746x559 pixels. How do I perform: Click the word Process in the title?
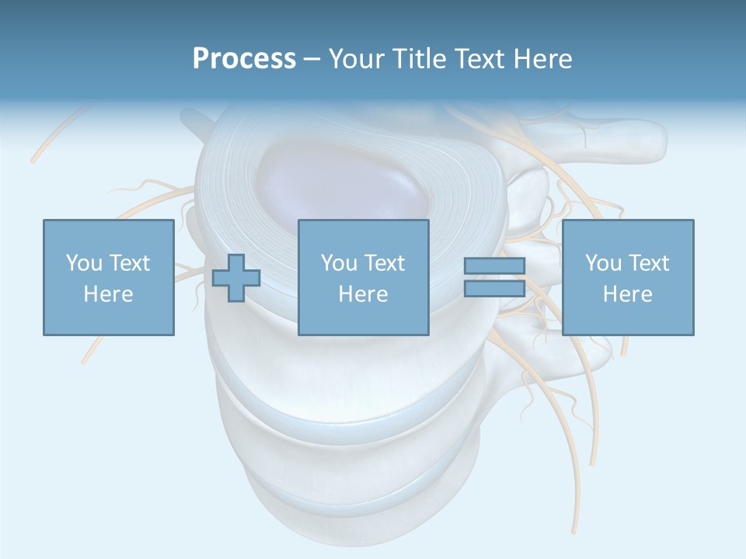tap(244, 59)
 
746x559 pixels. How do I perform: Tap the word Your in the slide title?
tap(359, 59)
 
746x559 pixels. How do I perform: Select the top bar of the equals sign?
tap(494, 266)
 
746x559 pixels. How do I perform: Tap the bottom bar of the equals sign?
tap(494, 289)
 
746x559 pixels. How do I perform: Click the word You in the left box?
tap(83, 263)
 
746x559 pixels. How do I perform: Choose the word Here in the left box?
tap(108, 294)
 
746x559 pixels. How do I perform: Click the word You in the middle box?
tap(339, 263)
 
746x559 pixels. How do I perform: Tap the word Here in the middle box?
tap(363, 294)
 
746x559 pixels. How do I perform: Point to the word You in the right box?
tap(603, 263)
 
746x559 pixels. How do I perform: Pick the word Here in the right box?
tap(627, 294)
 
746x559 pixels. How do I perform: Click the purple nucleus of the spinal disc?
tap(342, 182)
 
